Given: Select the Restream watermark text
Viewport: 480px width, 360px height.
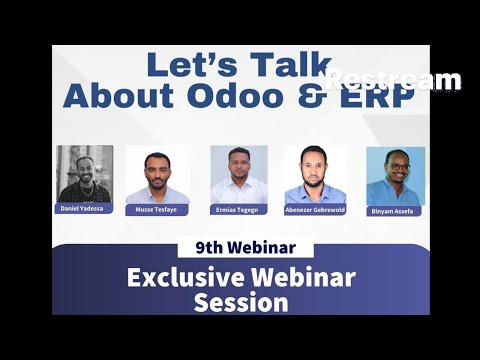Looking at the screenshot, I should point(393,80).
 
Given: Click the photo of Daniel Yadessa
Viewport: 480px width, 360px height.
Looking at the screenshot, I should point(84,173).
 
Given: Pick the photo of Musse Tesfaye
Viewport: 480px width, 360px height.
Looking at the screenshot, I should point(157,176).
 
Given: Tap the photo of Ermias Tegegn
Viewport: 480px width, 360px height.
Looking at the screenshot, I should point(239,174).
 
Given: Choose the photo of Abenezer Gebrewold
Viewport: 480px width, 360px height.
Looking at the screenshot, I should point(315,174).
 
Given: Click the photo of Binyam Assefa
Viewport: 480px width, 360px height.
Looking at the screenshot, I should point(395,176).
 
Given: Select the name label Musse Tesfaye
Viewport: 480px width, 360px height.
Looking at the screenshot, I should point(157,211).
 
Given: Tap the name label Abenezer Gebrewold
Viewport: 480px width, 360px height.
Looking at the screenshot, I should point(315,211).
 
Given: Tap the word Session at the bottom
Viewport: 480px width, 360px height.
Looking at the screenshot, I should point(241,301).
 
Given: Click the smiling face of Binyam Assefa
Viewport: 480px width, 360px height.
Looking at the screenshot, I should point(397,167).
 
